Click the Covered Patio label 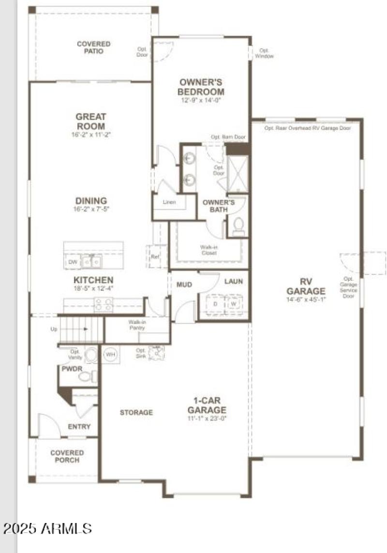tap(93, 47)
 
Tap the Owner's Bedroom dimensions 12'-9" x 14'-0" tap(201, 101)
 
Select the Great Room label tap(90, 122)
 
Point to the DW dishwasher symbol tap(73, 262)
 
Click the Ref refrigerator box tap(155, 257)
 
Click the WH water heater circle tap(111, 354)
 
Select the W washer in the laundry tap(233, 304)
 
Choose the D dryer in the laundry tap(215, 304)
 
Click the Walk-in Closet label tap(209, 249)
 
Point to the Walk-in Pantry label tap(137, 325)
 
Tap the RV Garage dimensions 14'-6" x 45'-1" tap(306, 299)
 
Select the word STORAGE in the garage tap(136, 412)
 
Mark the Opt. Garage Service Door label tap(349, 287)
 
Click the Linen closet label tap(169, 202)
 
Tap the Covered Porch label tap(67, 456)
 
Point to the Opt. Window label tap(264, 53)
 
